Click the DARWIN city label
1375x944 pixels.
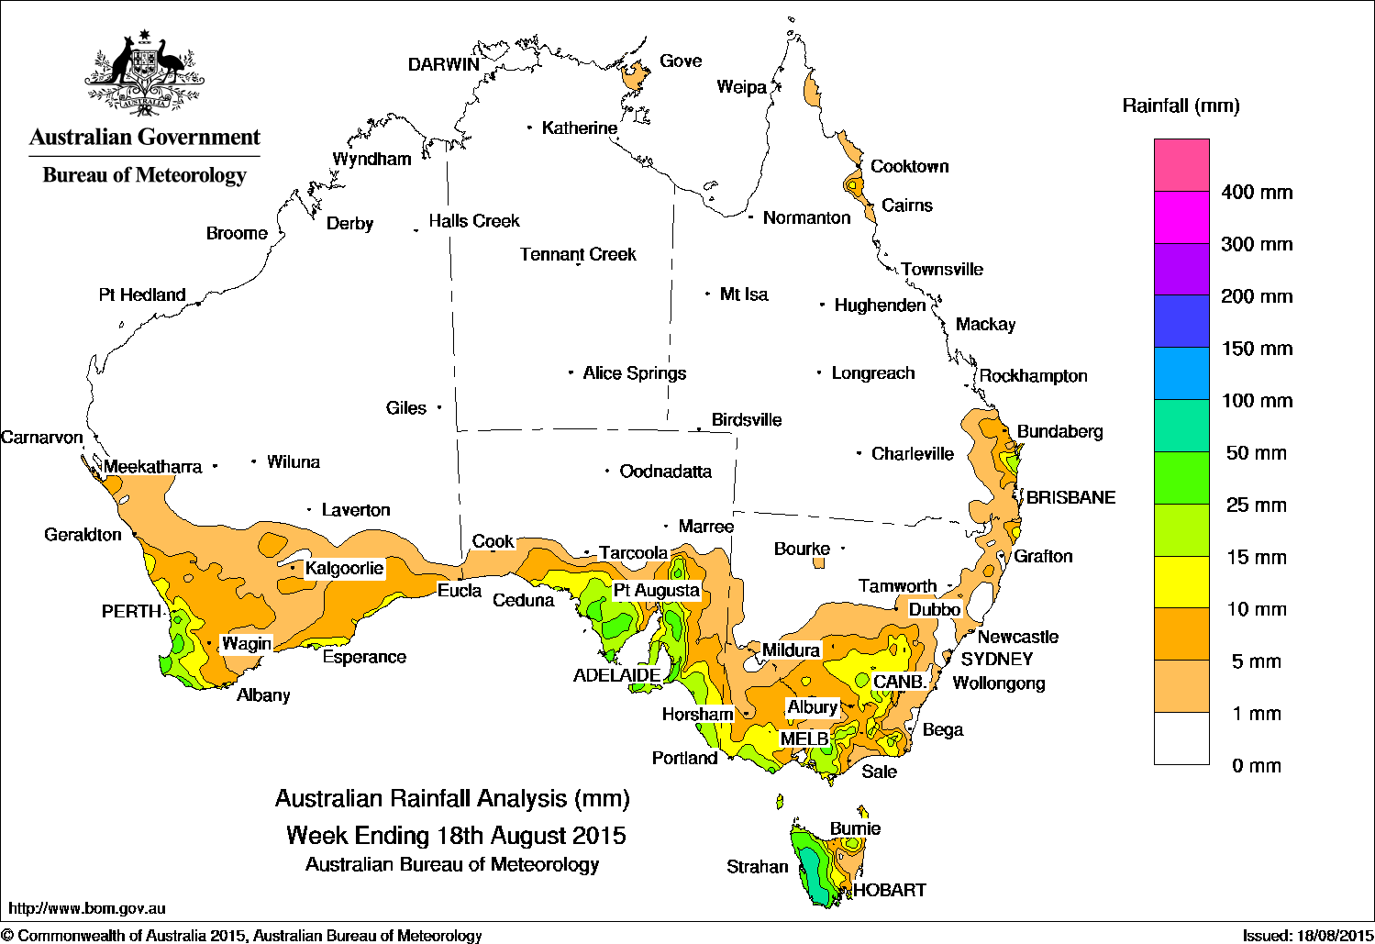pos(444,64)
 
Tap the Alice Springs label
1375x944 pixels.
pos(634,373)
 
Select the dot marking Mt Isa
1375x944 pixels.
pos(707,294)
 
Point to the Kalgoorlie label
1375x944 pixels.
pos(344,569)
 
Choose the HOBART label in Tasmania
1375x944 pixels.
pos(889,890)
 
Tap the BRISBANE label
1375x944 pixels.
pos(1070,498)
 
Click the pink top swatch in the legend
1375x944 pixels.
pos(1181,165)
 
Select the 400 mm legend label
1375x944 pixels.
pos(1257,193)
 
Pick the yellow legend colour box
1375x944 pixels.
pos(1181,582)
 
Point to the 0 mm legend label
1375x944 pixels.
pos(1256,766)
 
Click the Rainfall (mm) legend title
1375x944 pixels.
pos(1181,106)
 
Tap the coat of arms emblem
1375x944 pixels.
pos(144,73)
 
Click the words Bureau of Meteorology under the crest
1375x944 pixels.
pos(144,175)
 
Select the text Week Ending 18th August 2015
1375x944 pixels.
pos(456,836)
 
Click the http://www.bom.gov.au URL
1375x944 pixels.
pos(87,908)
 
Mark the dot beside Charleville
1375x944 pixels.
pos(859,453)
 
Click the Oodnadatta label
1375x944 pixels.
pos(665,472)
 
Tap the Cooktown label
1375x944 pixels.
pos(909,167)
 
